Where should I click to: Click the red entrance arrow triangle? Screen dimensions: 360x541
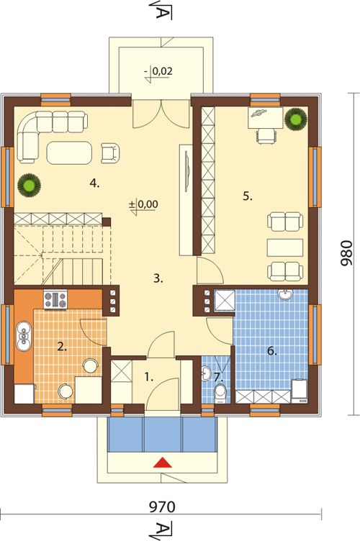163,463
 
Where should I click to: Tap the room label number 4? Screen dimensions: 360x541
94,183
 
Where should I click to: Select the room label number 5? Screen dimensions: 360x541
248,196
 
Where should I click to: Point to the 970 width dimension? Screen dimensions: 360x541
162,507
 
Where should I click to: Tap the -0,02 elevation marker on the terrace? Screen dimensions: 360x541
158,73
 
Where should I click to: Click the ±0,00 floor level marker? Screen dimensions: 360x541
143,206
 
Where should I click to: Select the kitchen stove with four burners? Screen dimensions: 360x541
55,299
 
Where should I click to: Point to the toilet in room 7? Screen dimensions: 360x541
220,394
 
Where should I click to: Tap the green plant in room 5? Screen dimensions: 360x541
296,119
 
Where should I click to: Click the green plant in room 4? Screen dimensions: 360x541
30,186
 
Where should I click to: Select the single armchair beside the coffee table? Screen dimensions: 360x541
110,153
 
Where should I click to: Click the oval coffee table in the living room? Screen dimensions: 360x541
69,153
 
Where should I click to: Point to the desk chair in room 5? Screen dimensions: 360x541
266,135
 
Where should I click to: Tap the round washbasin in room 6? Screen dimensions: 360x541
286,295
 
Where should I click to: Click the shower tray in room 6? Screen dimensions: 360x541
225,300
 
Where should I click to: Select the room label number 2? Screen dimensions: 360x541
62,347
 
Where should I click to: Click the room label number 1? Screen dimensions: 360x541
149,377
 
